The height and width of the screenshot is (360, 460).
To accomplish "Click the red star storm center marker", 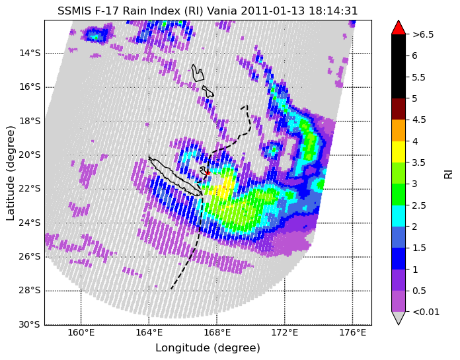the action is [x=208, y=173].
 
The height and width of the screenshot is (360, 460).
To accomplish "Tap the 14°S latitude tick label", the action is [x=30, y=54].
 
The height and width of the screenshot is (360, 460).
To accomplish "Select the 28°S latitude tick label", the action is [x=30, y=291].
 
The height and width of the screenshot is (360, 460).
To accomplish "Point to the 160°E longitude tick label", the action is [x=81, y=333].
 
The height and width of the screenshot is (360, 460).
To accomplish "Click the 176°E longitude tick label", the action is [x=353, y=333].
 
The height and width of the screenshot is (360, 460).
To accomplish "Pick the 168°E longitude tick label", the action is [x=217, y=333].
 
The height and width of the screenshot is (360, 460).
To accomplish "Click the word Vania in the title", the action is [x=222, y=11].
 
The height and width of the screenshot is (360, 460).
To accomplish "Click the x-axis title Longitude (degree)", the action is [x=208, y=348].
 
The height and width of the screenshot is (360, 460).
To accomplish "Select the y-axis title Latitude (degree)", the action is [x=11, y=174].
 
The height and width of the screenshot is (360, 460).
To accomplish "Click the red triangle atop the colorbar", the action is [x=399, y=27].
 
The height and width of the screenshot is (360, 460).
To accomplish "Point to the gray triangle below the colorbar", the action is [x=399, y=318].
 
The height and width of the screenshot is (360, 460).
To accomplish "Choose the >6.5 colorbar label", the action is [x=423, y=34].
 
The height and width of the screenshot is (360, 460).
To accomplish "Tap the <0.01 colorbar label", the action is [x=426, y=312].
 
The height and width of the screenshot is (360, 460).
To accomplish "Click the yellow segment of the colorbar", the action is [x=399, y=152].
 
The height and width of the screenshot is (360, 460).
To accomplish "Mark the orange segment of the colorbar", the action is [x=399, y=130].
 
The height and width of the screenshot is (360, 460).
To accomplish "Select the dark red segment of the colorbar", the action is [x=399, y=109].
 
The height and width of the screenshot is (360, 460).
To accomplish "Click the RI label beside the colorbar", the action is [x=448, y=172].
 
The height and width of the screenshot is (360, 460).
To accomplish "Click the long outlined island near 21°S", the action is [x=174, y=176].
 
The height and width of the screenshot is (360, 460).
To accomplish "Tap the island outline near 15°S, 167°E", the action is [x=198, y=73].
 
